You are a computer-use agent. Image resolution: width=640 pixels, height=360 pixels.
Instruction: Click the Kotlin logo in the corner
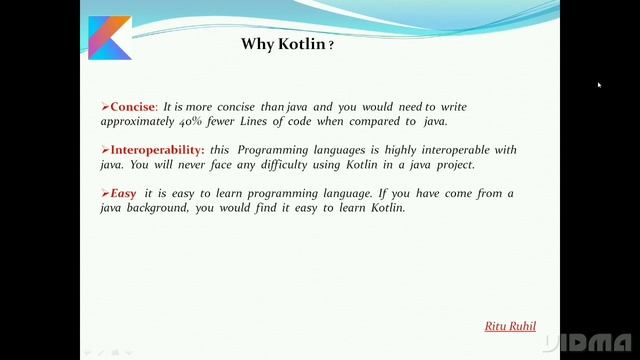point(109,37)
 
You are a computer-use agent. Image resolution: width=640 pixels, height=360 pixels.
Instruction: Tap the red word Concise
point(133,106)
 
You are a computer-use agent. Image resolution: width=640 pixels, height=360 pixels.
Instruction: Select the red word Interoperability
point(157,150)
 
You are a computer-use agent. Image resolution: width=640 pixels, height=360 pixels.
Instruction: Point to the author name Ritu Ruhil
point(510,326)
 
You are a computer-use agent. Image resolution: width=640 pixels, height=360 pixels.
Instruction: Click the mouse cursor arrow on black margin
point(599,85)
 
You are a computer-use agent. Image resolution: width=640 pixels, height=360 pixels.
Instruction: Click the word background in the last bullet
point(160,208)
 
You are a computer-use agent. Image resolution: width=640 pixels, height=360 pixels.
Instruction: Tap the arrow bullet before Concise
point(104,106)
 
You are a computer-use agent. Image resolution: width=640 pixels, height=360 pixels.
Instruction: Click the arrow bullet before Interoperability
point(104,150)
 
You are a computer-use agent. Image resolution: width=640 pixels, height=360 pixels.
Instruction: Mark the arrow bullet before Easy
point(104,193)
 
